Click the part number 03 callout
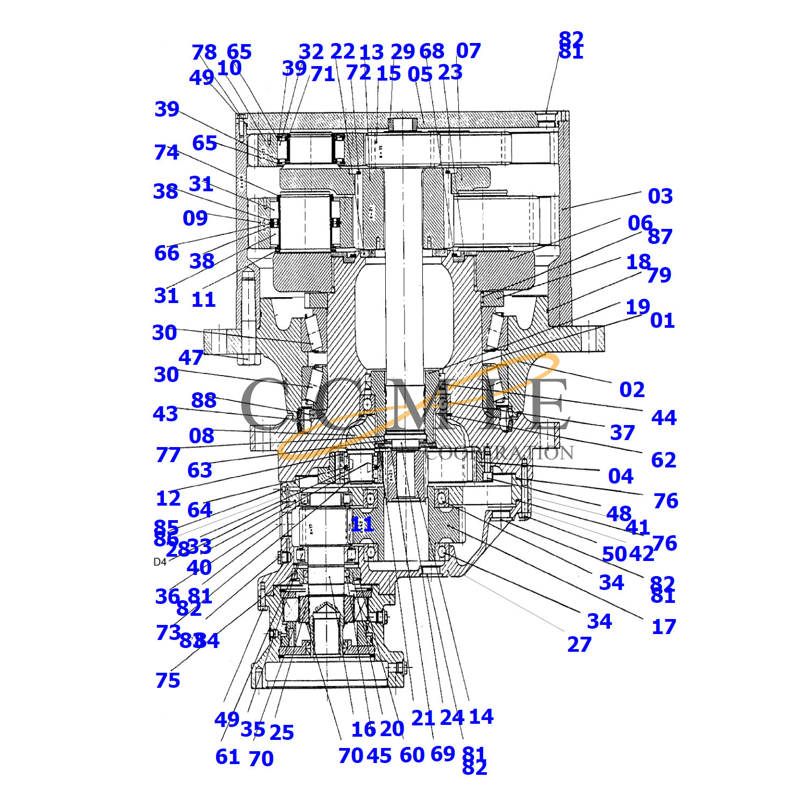coord(660,196)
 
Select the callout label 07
coord(468,51)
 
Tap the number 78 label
coord(204,53)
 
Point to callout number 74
coord(167,153)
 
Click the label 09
coord(195,218)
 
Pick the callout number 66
coord(167,253)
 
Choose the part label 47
coord(191,357)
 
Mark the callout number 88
coord(204,400)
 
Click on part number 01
coord(662,321)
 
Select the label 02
coord(632,390)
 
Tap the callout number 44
coord(664,418)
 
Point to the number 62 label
coord(664,460)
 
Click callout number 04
coord(621,476)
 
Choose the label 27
coord(579,644)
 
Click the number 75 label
coord(168,680)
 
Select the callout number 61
coord(227,757)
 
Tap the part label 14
coord(481,716)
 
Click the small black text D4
coord(160,562)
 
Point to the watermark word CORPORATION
coord(500,453)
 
